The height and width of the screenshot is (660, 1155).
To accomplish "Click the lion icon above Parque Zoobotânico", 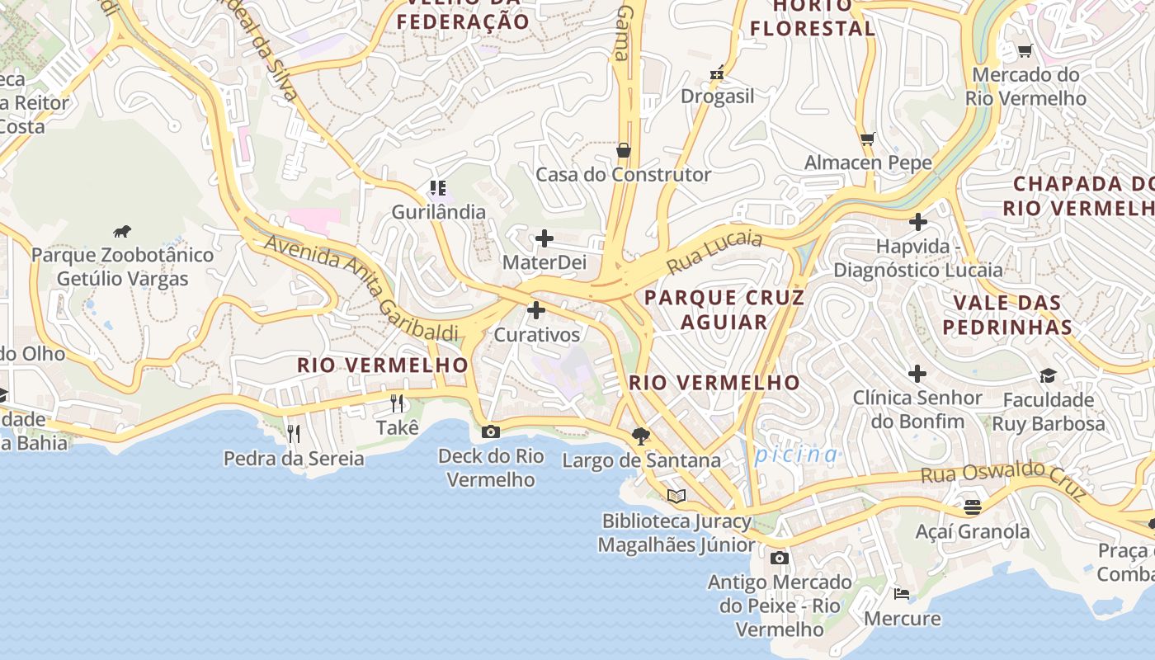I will (x=122, y=231).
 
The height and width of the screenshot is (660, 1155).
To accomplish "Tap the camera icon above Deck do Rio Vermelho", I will (x=491, y=431).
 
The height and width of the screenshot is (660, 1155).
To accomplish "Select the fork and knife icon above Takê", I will (x=397, y=403).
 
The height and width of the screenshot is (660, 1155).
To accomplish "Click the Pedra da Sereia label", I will (x=294, y=459).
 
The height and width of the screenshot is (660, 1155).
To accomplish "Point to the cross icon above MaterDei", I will (x=544, y=239).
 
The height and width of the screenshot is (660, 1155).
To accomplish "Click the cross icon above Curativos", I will (x=536, y=311).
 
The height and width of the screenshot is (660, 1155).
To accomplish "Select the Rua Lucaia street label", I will (x=714, y=252).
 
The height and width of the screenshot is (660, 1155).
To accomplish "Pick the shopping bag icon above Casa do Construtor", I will (x=624, y=150).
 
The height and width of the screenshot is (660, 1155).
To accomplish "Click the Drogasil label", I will (x=717, y=97).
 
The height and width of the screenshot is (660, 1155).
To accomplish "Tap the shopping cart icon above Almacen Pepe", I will (x=867, y=139).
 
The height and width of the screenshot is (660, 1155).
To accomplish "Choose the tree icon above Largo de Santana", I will (x=640, y=436).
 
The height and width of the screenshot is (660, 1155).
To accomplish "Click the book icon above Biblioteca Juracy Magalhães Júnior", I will (x=676, y=496).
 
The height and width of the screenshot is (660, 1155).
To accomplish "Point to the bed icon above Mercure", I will (x=902, y=593).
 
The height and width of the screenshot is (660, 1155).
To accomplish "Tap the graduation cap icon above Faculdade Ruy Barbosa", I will (x=1048, y=376).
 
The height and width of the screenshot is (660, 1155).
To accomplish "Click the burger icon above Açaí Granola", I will (x=973, y=507).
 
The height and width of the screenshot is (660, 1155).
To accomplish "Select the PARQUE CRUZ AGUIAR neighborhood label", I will (x=724, y=309).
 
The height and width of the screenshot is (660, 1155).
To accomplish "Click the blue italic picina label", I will (x=796, y=455).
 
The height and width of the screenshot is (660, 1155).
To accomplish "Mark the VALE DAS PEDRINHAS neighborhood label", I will (x=1007, y=314).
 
